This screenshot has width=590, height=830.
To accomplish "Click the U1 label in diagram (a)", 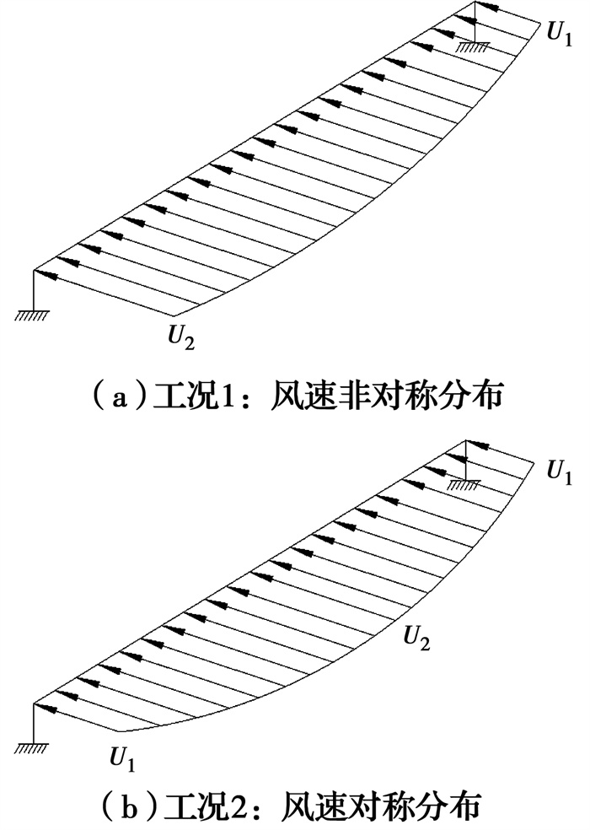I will click(x=558, y=36).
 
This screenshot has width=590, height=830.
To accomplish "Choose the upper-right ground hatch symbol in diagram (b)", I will click(x=463, y=484).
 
